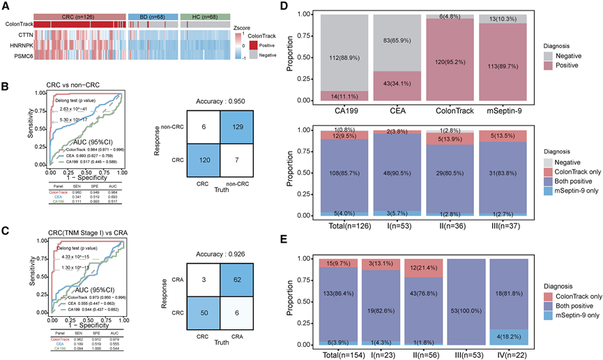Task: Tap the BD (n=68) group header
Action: click(153, 15)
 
